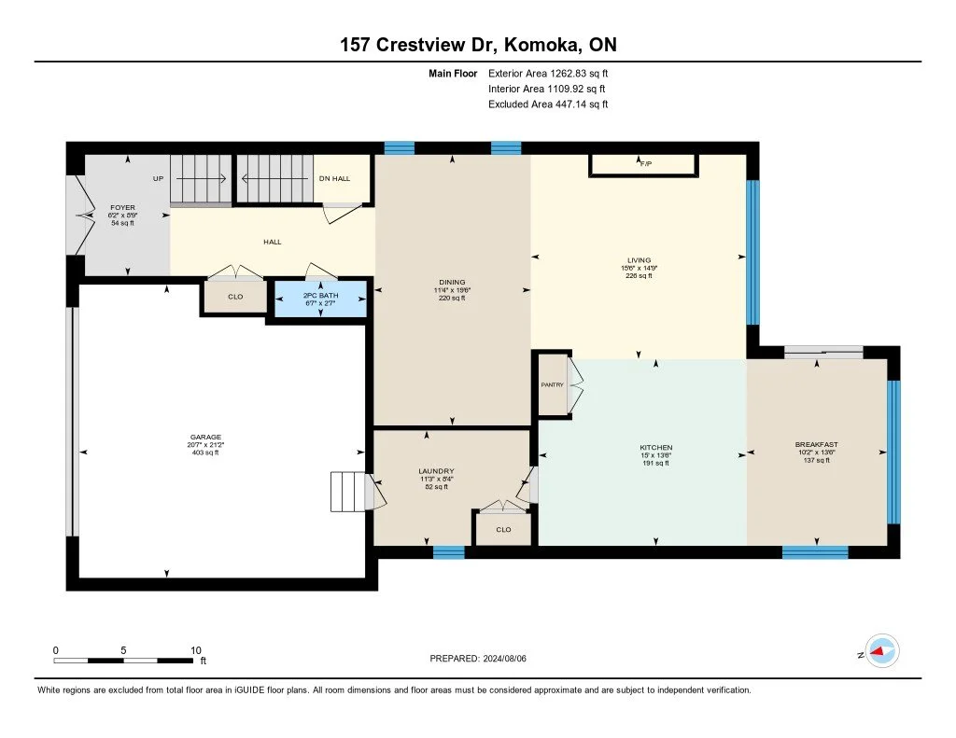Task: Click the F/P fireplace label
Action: click(646, 164)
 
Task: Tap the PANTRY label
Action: click(553, 384)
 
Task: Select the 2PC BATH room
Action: click(321, 299)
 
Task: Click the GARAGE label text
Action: click(205, 437)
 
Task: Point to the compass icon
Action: click(882, 651)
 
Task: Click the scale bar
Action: click(124, 661)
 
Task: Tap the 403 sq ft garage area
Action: click(205, 453)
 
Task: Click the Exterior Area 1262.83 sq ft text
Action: click(548, 74)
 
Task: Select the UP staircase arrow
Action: click(202, 178)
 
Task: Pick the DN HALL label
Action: click(335, 178)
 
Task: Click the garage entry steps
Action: click(348, 492)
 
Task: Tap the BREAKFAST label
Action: click(816, 445)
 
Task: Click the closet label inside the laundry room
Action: click(503, 530)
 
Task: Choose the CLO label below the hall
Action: click(235, 297)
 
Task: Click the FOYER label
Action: click(122, 208)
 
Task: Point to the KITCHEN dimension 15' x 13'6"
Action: click(656, 455)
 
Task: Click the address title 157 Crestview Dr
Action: click(419, 45)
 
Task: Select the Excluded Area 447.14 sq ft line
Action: click(548, 104)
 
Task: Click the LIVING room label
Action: click(639, 260)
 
